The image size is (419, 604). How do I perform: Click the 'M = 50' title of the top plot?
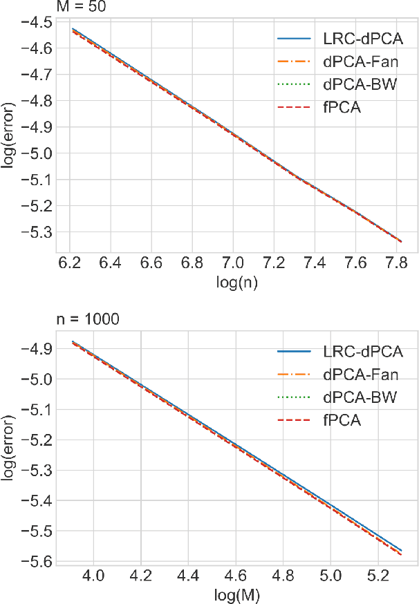tap(78, 7)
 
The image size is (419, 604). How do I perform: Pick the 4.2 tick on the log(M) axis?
tap(140, 576)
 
